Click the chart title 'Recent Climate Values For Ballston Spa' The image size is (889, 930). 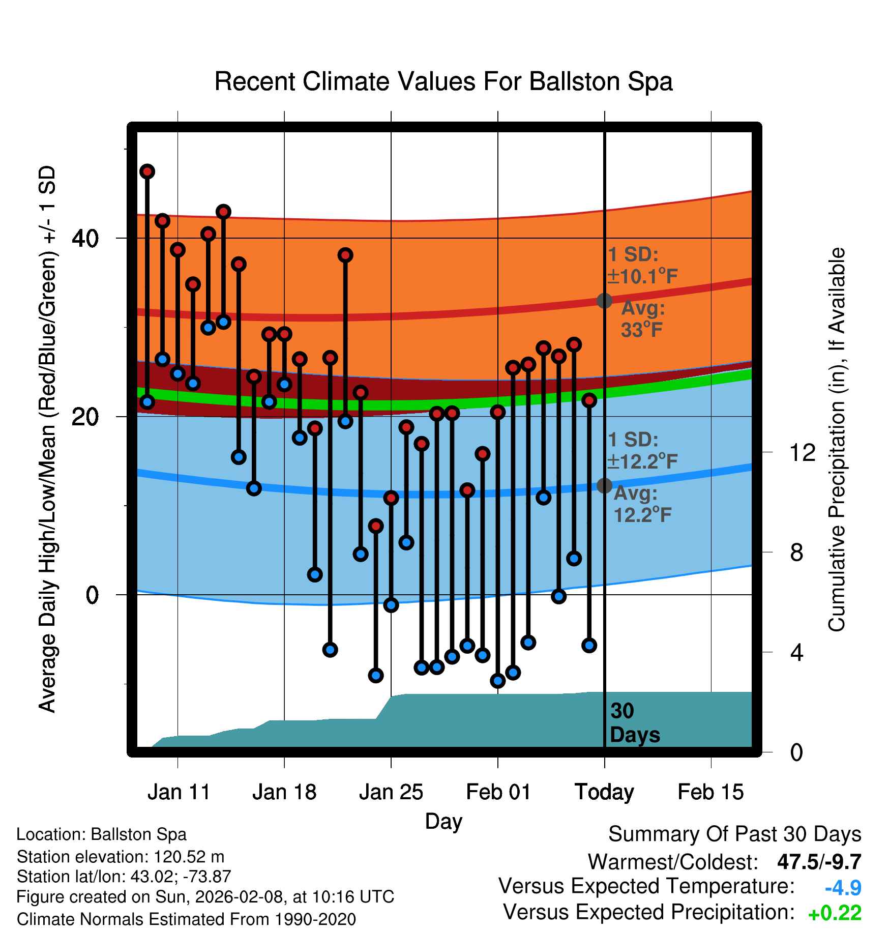(x=443, y=81)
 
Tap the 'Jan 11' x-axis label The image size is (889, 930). (x=179, y=792)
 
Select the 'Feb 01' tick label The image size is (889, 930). (x=498, y=792)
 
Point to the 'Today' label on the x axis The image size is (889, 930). (x=604, y=792)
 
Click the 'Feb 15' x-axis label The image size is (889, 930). (x=710, y=792)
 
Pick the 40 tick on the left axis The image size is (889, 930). (x=85, y=238)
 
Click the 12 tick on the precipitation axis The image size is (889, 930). (x=802, y=452)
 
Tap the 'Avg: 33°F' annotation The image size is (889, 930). (x=643, y=319)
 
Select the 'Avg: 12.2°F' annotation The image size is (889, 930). (x=643, y=504)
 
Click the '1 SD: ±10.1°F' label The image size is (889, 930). (x=642, y=266)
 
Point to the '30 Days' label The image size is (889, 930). (x=634, y=723)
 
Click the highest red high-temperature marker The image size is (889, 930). (x=147, y=171)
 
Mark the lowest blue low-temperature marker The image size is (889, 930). (x=497, y=681)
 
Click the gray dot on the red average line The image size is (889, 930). (x=604, y=301)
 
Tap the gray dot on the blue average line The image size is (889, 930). (x=604, y=486)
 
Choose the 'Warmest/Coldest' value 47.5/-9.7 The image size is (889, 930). (x=819, y=862)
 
